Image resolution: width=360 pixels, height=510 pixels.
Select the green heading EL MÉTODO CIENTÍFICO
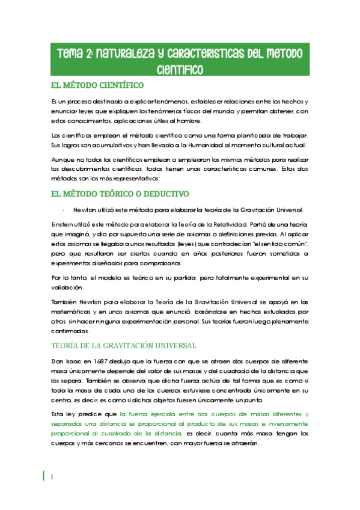[x=97, y=85]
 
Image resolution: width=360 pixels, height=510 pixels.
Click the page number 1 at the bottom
[x=52, y=476]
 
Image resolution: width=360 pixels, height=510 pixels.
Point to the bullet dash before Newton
[x=63, y=210]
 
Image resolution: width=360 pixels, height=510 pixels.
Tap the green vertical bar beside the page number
[x=44, y=476]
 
